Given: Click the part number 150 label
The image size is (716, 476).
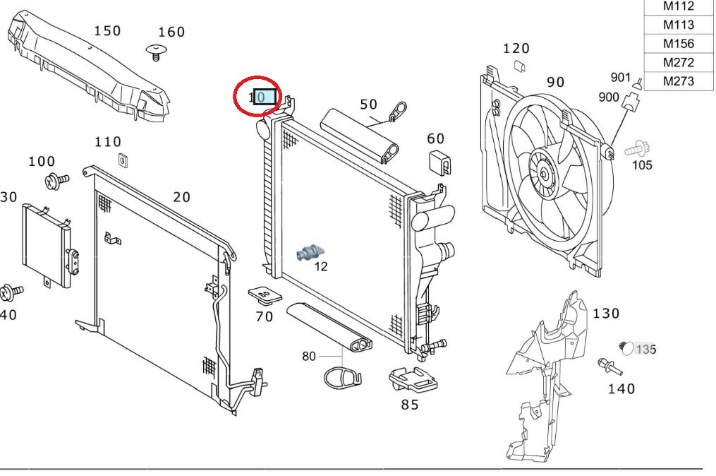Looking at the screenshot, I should tap(107, 31).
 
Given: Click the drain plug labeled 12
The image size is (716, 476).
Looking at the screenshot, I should tap(310, 252).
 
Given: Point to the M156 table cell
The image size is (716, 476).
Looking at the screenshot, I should tap(678, 44).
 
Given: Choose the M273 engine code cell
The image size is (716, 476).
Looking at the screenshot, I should tap(678, 81).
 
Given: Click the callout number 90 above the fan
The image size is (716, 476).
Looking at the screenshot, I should tap(555, 82).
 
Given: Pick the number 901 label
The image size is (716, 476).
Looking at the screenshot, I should tap(620, 77).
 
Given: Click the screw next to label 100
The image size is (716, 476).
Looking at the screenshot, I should tap(54, 181).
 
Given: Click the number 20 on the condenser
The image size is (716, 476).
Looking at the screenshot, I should tap(181, 197).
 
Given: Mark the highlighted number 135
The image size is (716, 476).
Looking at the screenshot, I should tap(645, 349).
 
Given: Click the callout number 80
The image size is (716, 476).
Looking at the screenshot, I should tap(309, 356).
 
